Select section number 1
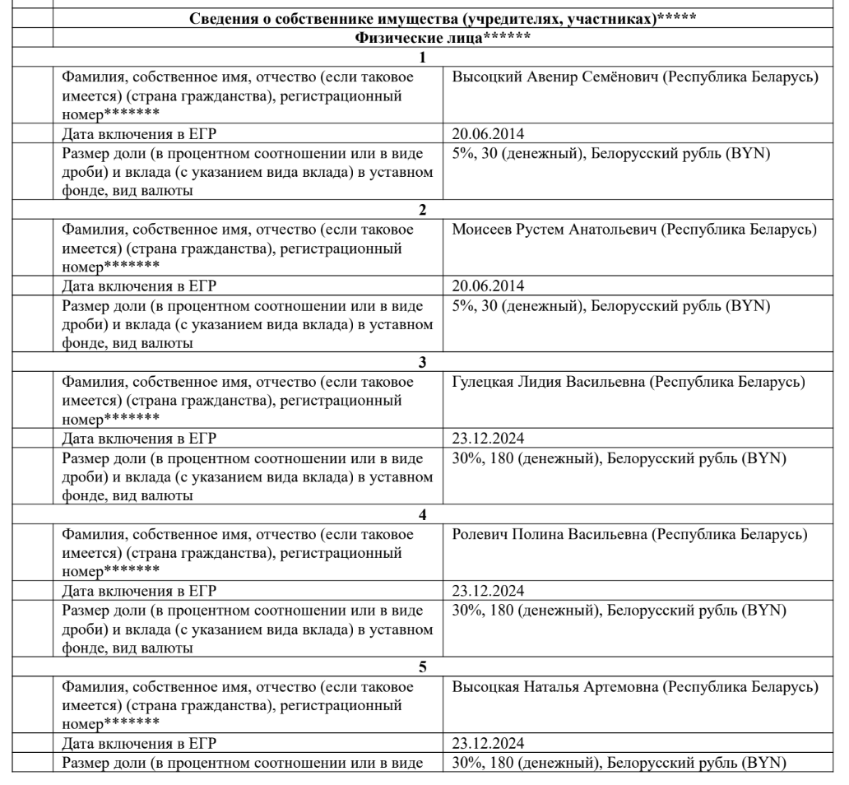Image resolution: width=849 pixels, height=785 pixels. coord(423,58)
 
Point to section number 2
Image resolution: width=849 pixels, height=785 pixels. coord(423,210)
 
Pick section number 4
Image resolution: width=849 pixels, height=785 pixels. coord(423,514)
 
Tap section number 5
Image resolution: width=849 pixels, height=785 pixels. coord(423,667)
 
